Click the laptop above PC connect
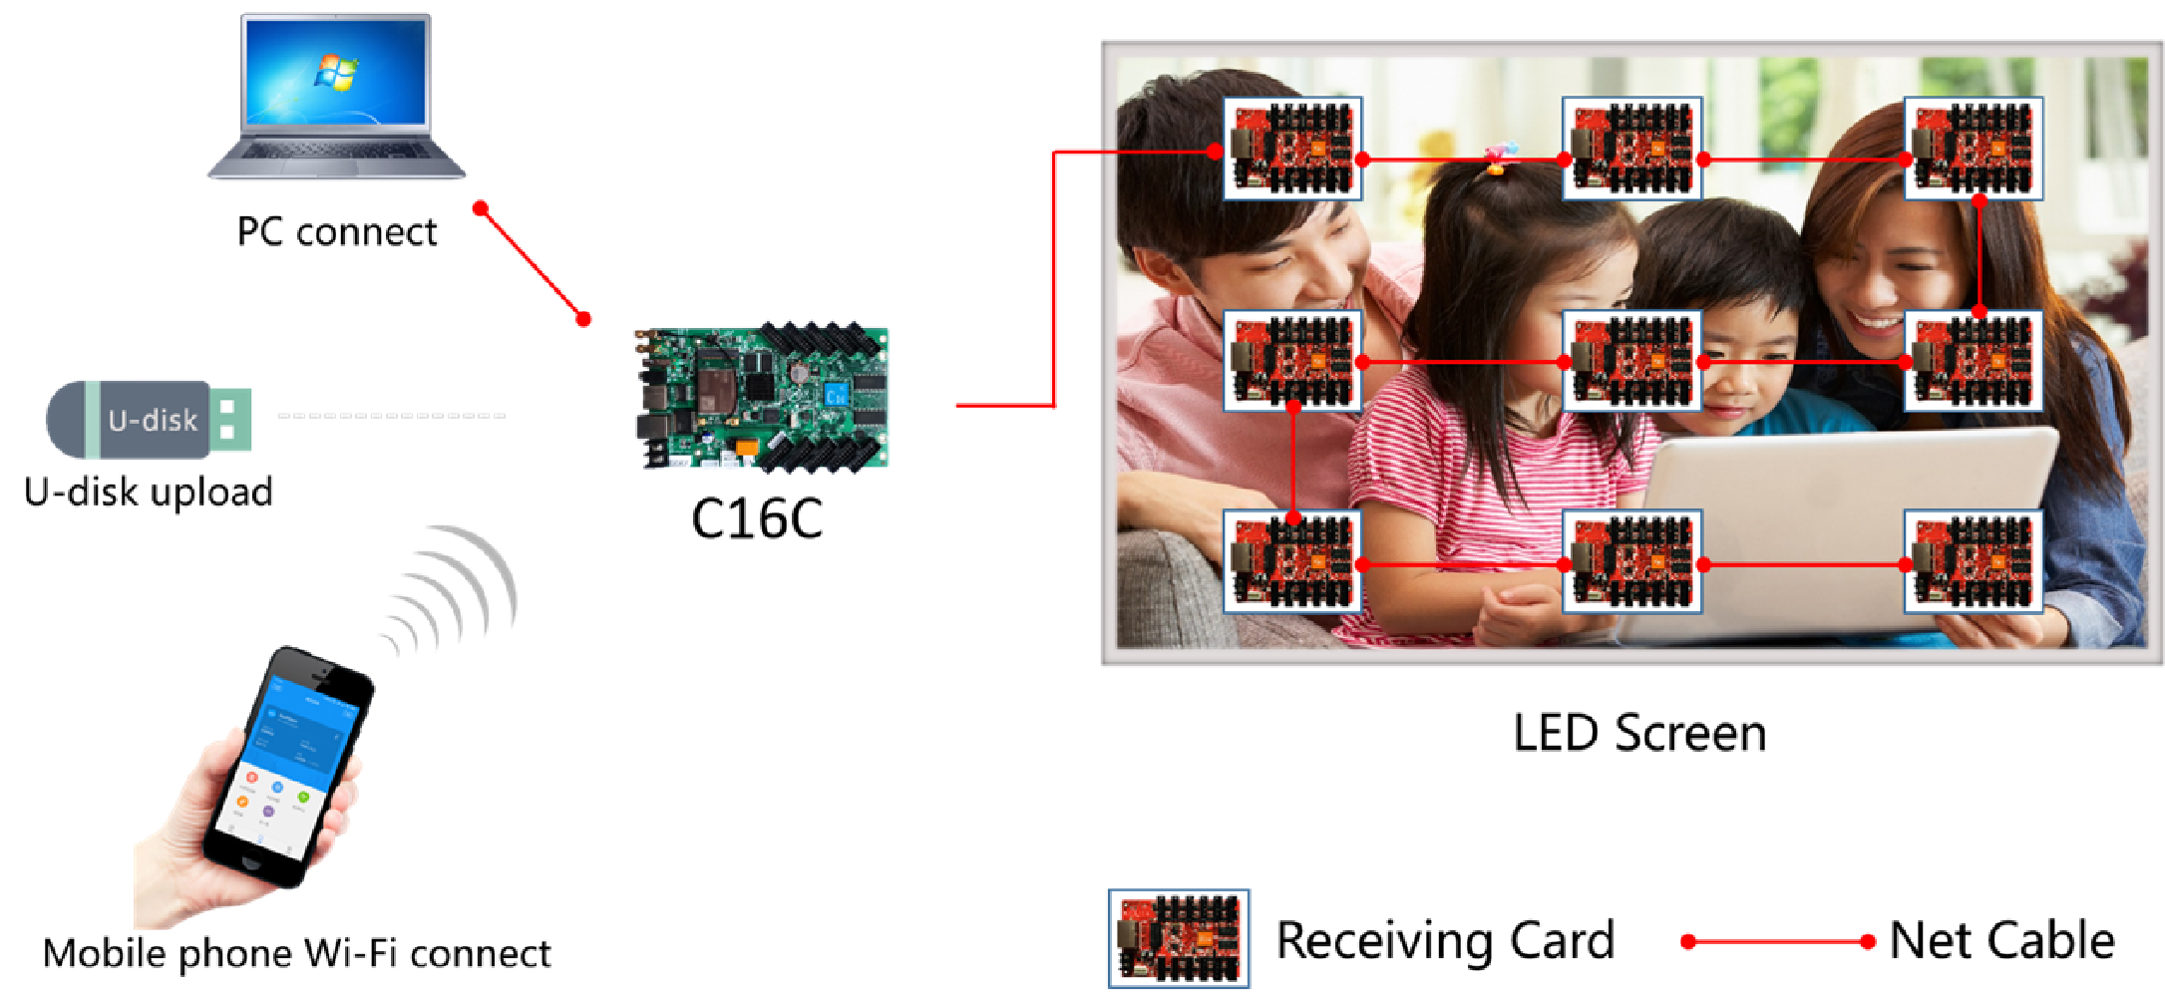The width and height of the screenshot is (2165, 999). (x=337, y=97)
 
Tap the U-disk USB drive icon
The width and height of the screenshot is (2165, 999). (x=150, y=419)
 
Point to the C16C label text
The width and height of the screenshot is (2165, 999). (x=757, y=519)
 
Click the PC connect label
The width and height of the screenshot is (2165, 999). (x=337, y=232)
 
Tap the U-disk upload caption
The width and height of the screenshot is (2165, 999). (x=149, y=493)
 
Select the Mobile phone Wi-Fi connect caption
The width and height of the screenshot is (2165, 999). (x=296, y=954)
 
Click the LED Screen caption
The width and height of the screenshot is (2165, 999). (x=1639, y=734)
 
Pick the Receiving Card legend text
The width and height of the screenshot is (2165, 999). (x=1445, y=941)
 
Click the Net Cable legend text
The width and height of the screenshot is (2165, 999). (x=2001, y=941)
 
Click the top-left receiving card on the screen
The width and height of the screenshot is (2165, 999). (x=1292, y=148)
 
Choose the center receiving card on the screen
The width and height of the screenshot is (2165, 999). (x=1632, y=361)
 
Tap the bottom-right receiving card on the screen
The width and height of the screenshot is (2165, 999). (x=1973, y=562)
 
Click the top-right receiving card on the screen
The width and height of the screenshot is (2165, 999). (x=1973, y=148)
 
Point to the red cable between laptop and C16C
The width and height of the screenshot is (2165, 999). (x=533, y=264)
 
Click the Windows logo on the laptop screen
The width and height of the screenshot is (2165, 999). (x=336, y=73)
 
